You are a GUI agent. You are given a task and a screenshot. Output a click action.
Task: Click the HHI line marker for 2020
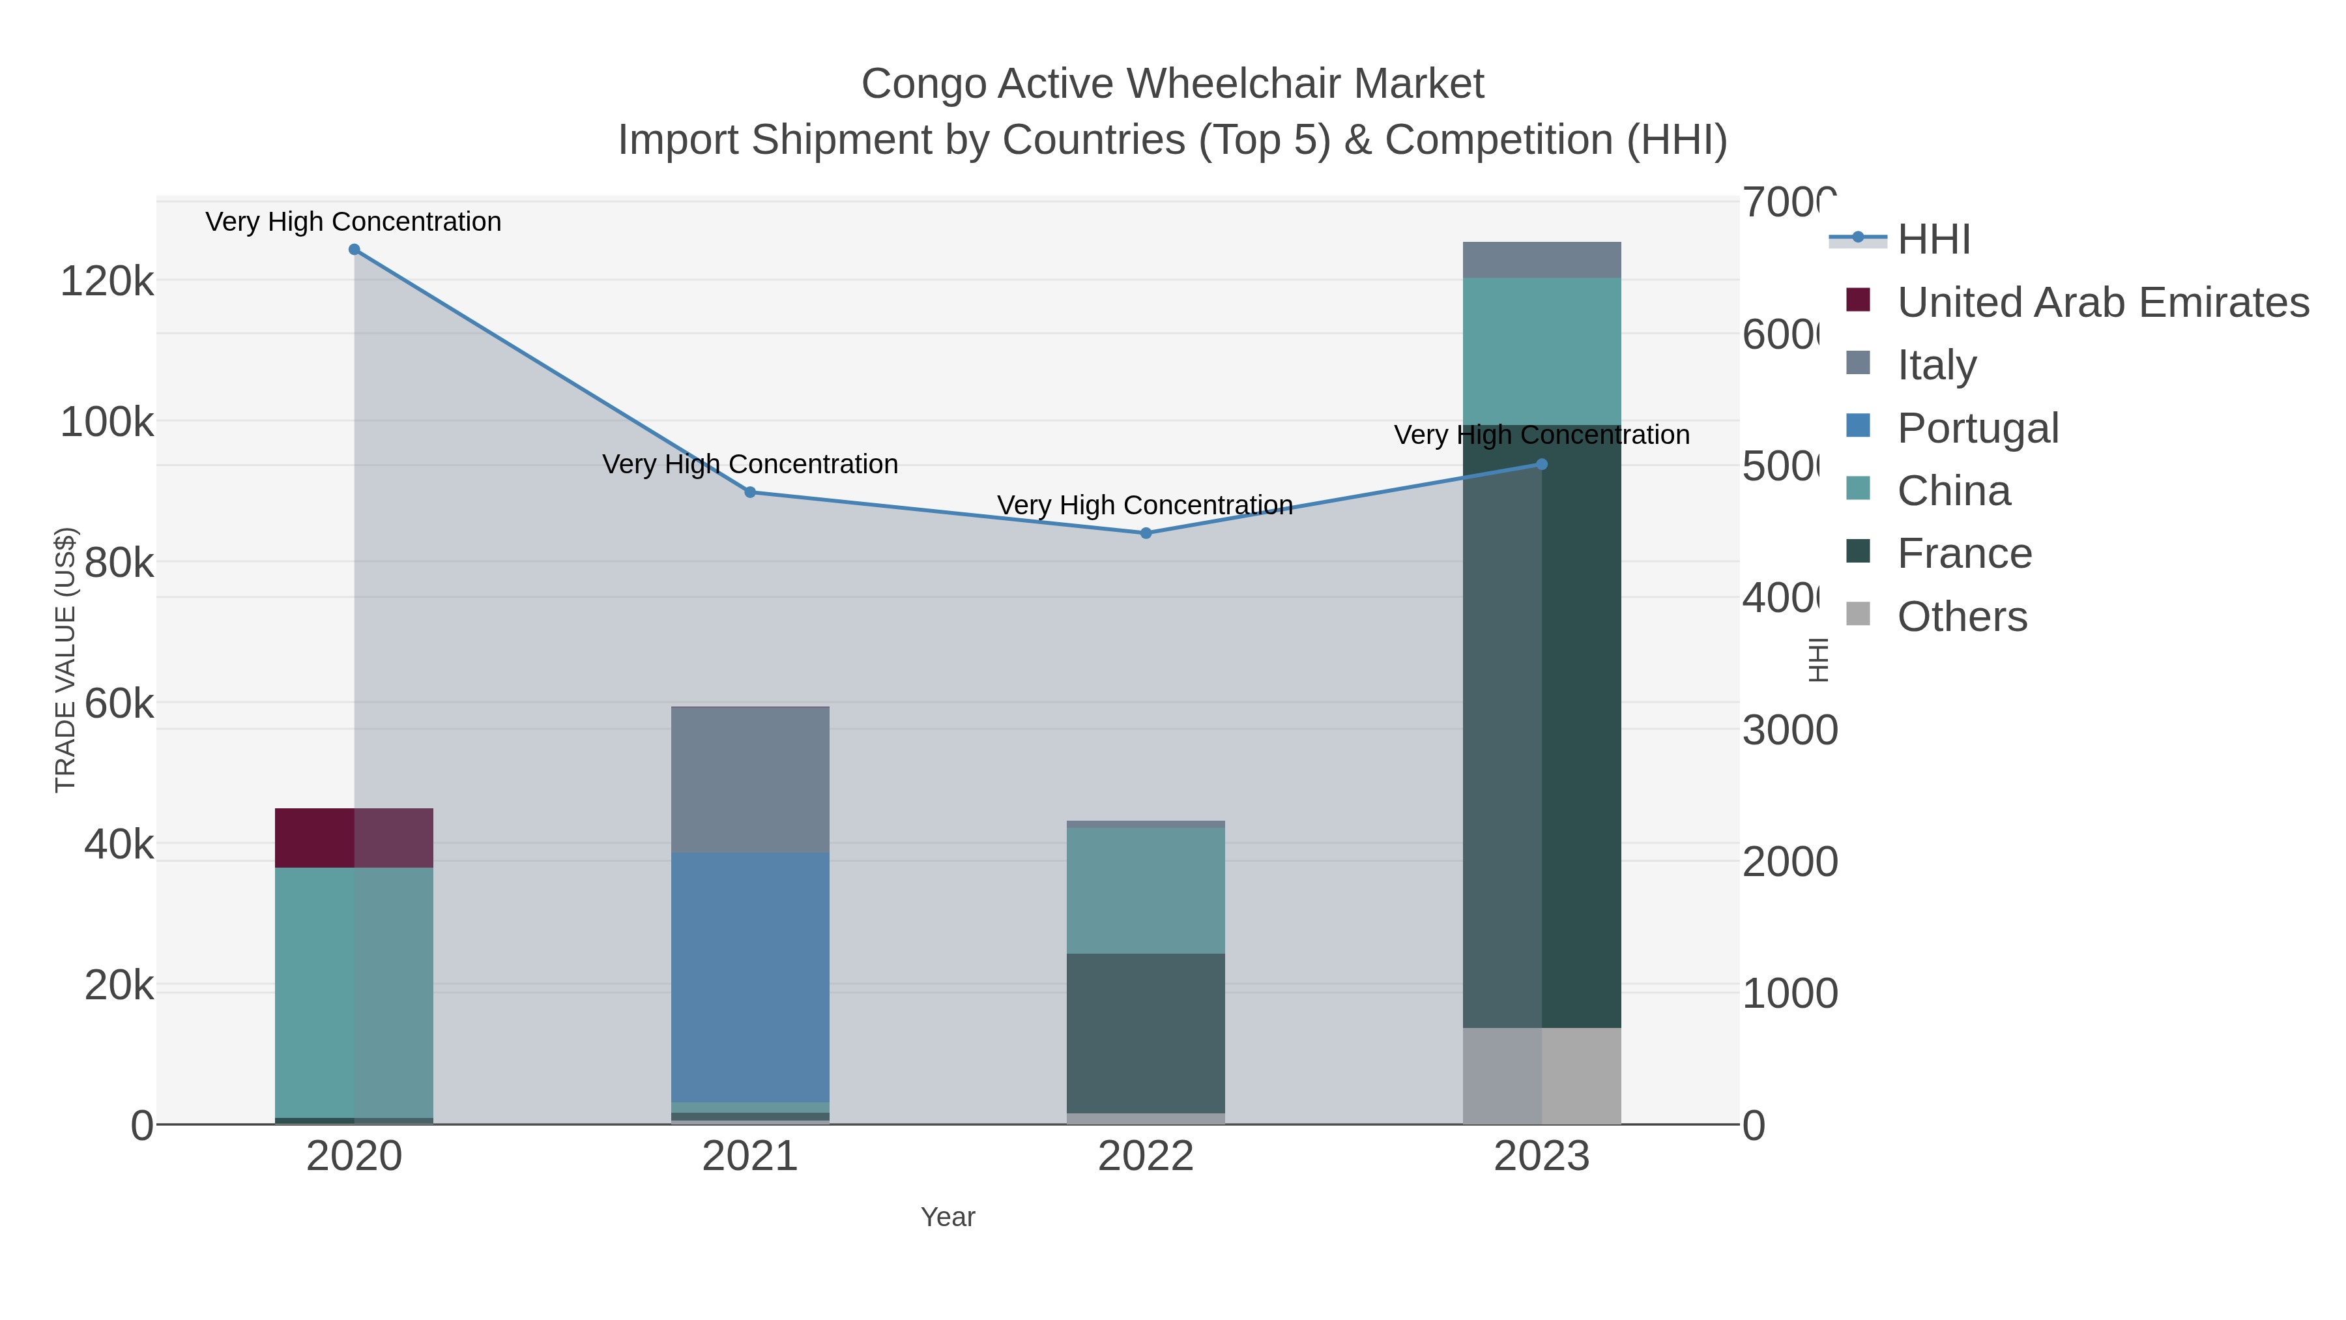pyautogui.click(x=355, y=250)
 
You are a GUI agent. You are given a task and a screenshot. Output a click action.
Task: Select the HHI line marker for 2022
pyautogui.click(x=1146, y=533)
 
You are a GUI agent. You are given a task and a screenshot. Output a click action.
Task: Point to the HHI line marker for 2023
pyautogui.click(x=1542, y=465)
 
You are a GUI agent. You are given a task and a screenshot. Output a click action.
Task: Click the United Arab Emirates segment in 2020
pyautogui.click(x=355, y=838)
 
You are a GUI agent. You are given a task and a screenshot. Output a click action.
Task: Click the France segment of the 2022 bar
pyautogui.click(x=1146, y=1033)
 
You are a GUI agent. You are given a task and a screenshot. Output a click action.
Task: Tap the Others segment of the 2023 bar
pyautogui.click(x=1542, y=1076)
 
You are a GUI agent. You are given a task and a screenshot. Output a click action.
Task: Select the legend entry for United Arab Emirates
pyautogui.click(x=2102, y=302)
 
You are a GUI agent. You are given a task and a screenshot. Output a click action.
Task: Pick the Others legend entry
pyautogui.click(x=1962, y=616)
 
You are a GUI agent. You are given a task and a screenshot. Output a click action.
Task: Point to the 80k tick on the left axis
pyautogui.click(x=119, y=563)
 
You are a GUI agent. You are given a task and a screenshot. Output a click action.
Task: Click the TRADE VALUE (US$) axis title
pyautogui.click(x=66, y=660)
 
